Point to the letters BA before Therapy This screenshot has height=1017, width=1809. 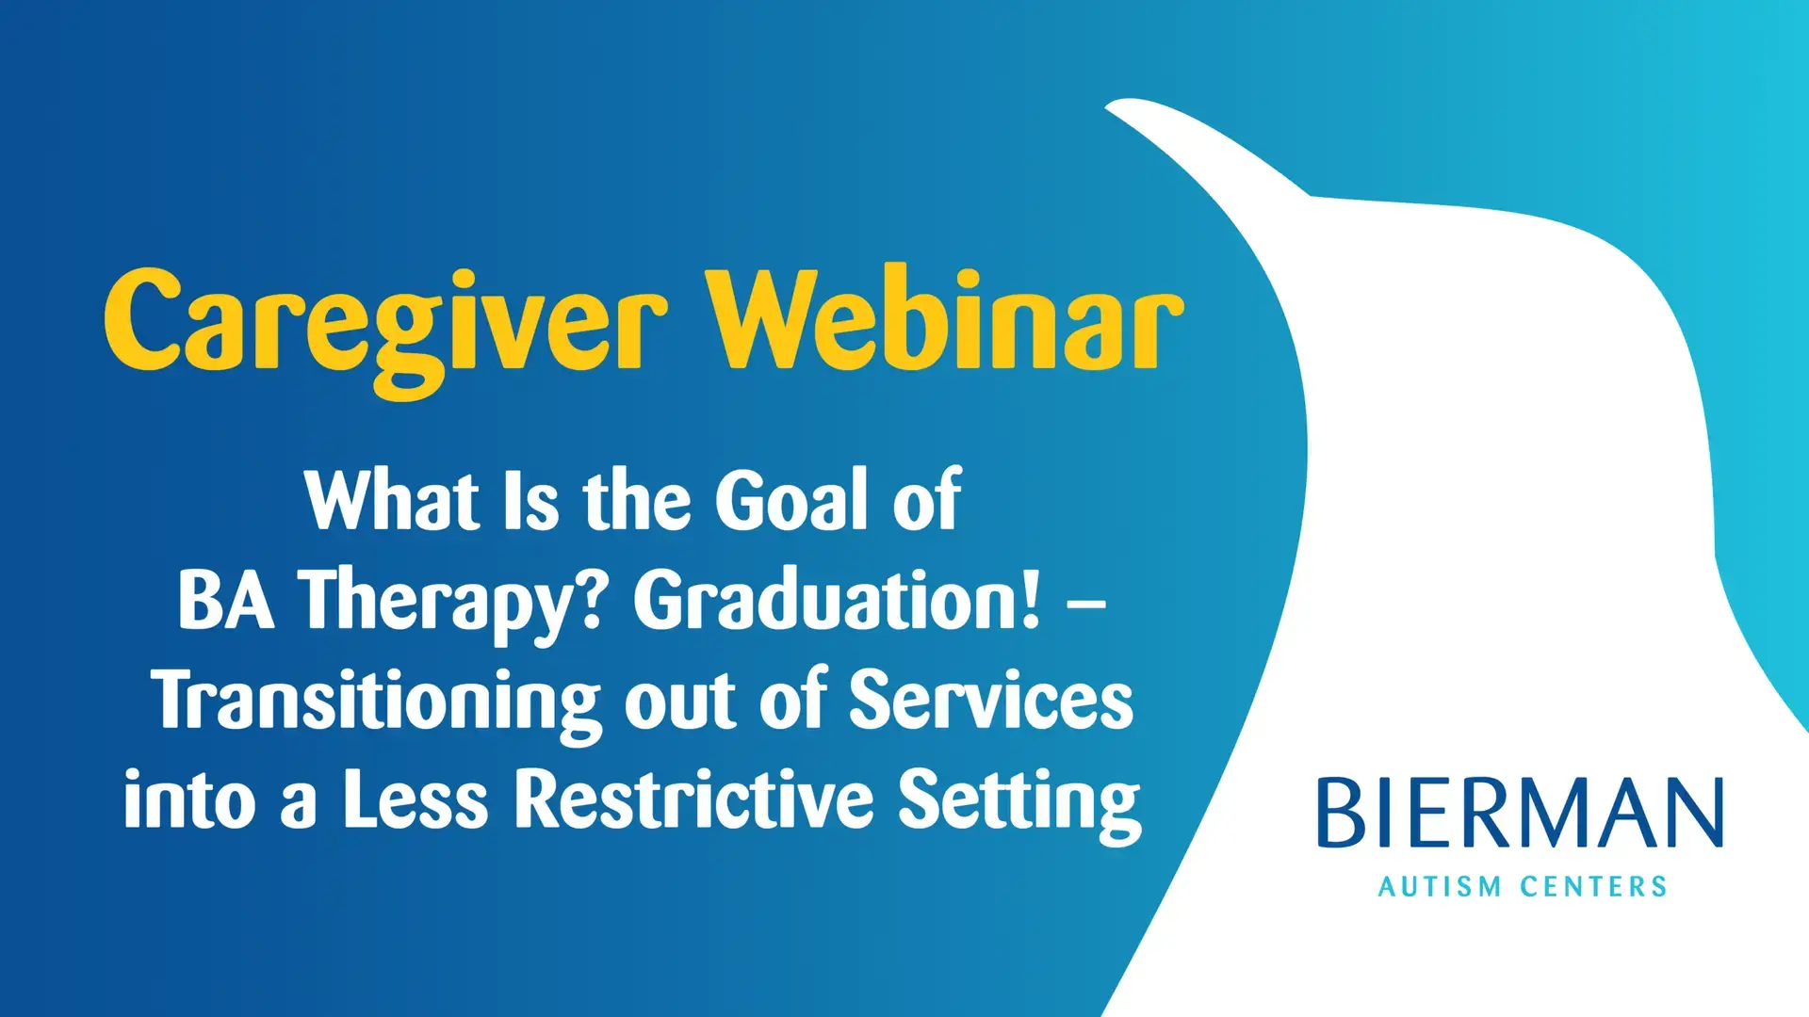(x=226, y=600)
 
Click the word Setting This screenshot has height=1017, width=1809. (x=1019, y=805)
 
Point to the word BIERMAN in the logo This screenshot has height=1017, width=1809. (x=1521, y=813)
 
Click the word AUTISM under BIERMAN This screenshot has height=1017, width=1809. (x=1440, y=887)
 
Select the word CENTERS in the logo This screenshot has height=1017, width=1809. (x=1594, y=887)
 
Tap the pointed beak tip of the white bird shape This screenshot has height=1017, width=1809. (x=1107, y=106)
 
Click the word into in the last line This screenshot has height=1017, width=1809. (x=189, y=800)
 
